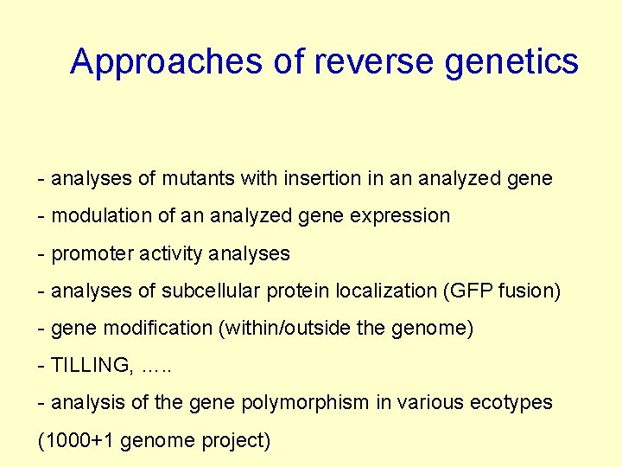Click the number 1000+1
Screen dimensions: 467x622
pyautogui.click(x=78, y=441)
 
